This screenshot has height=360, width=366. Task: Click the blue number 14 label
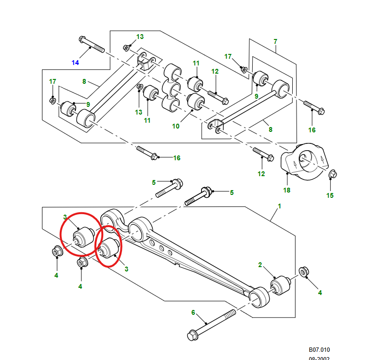point(75,63)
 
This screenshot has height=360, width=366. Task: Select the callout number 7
point(275,41)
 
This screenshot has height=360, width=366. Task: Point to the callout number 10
point(176,126)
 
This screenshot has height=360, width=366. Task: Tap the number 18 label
point(287,190)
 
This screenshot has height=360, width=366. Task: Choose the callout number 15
point(330,195)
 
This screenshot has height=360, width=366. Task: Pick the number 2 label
point(260,265)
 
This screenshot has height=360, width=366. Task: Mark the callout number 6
point(193,312)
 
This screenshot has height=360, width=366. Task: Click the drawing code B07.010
point(320,350)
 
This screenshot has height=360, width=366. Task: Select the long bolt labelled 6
point(212,323)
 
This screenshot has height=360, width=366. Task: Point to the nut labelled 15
point(332,174)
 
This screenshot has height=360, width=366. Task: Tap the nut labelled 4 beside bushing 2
point(304,272)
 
